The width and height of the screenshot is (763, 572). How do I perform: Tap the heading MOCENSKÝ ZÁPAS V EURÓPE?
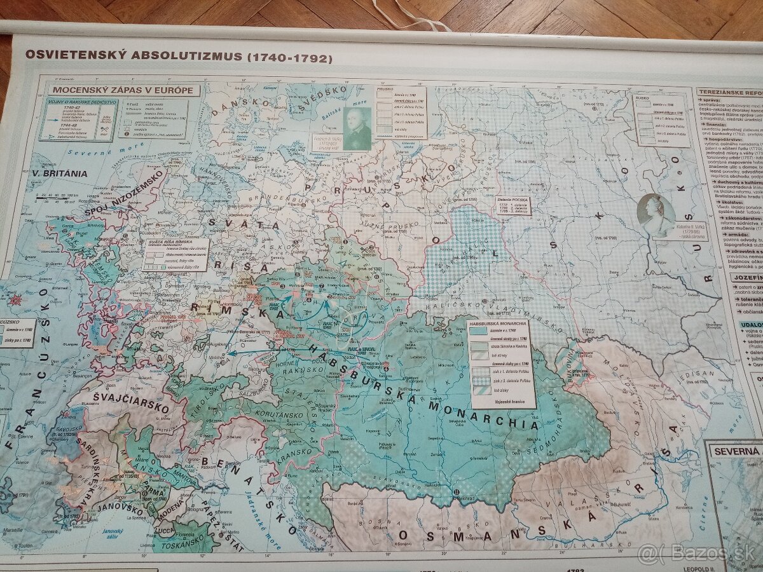123,90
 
